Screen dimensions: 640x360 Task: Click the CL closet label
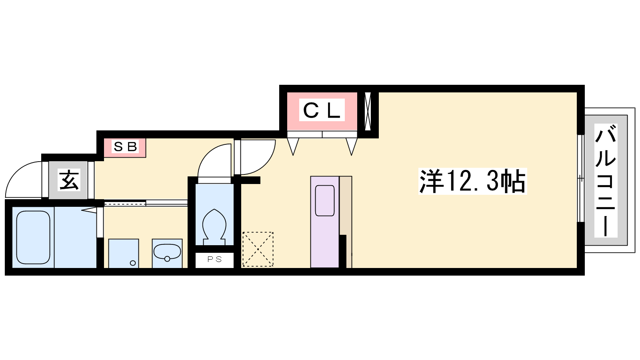click(x=322, y=110)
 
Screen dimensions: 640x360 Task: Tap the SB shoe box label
click(x=125, y=146)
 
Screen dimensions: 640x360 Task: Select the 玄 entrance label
click(x=69, y=180)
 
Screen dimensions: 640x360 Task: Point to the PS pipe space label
click(x=214, y=259)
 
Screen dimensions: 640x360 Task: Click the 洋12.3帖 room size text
click(x=472, y=182)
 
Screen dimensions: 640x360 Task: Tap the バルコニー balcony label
click(x=606, y=180)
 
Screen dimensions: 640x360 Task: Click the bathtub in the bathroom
click(x=33, y=237)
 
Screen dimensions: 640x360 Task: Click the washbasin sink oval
click(x=167, y=252)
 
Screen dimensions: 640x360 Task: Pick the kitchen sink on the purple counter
click(x=324, y=200)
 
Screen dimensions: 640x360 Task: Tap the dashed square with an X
click(x=258, y=249)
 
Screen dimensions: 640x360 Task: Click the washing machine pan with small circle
click(x=124, y=254)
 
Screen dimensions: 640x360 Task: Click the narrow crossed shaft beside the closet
click(x=368, y=111)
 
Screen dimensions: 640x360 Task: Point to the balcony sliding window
click(x=580, y=178)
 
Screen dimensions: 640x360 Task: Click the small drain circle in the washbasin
click(x=167, y=259)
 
